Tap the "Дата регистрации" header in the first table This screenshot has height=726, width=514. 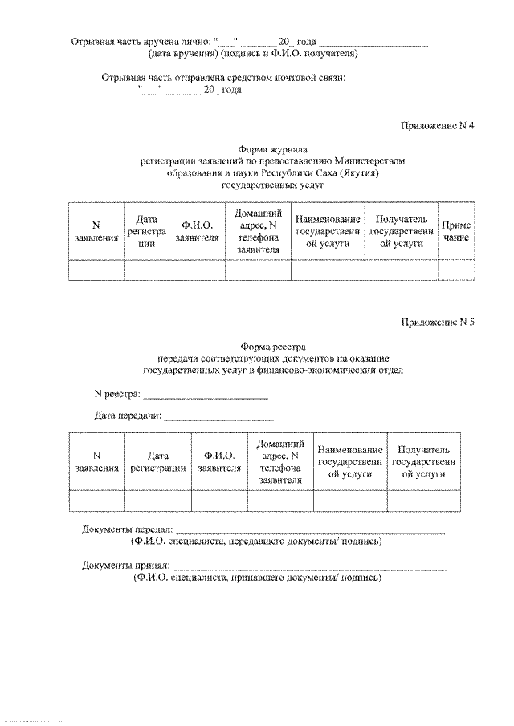(x=146, y=232)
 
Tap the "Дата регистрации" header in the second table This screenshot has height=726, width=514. (x=157, y=460)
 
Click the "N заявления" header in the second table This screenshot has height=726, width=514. (x=96, y=460)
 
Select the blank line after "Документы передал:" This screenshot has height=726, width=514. (x=310, y=532)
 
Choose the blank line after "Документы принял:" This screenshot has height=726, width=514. (x=310, y=567)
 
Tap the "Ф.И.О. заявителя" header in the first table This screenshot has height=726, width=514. (x=198, y=232)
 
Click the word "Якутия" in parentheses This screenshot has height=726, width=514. (x=358, y=172)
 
